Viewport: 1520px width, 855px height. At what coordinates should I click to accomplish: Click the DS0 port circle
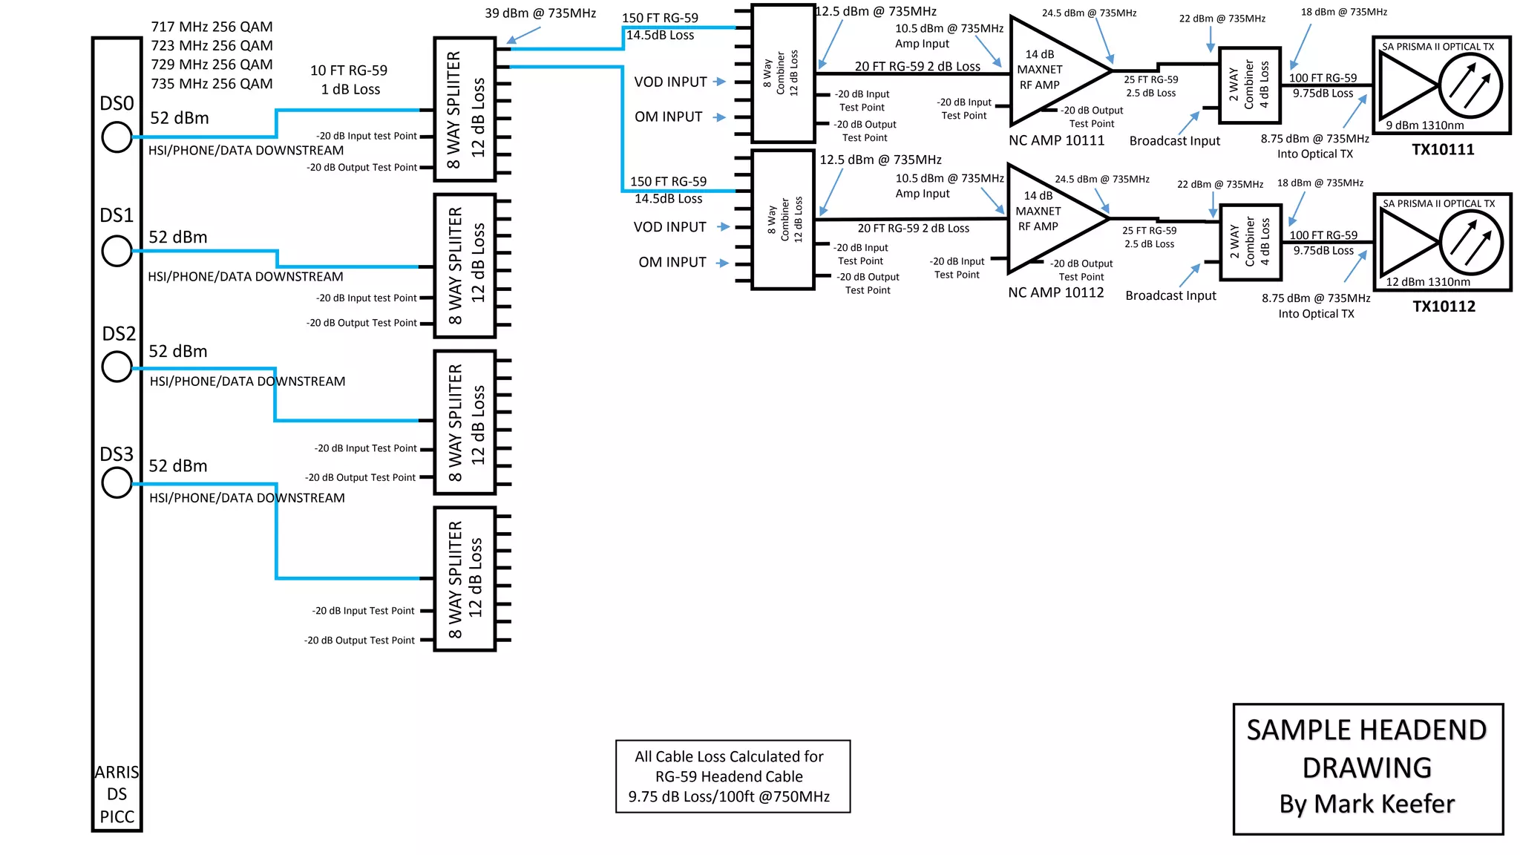click(x=117, y=137)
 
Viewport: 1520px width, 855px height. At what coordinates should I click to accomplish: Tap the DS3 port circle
click(x=117, y=483)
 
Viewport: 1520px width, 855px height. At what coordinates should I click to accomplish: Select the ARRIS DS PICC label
click(x=117, y=794)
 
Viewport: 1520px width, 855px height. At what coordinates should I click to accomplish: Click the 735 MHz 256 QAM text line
click(x=212, y=84)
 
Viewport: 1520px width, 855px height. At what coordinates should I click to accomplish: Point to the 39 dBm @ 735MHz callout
click(x=540, y=13)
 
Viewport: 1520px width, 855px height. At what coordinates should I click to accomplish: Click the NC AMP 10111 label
click(x=1056, y=141)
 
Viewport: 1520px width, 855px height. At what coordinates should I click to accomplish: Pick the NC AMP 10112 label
click(x=1055, y=293)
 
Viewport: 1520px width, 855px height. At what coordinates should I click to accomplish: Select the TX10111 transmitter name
click(x=1442, y=150)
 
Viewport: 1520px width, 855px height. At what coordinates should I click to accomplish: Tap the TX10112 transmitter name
click(x=1444, y=307)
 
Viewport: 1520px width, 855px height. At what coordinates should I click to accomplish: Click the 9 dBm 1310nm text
click(x=1424, y=125)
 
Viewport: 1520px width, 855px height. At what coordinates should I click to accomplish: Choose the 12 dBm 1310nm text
click(x=1427, y=282)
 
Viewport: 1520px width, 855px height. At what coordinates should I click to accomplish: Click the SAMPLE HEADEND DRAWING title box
click(x=1367, y=768)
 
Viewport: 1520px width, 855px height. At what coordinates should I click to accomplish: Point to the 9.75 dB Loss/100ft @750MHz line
click(x=729, y=797)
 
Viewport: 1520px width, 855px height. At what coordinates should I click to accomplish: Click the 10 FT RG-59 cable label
click(x=349, y=71)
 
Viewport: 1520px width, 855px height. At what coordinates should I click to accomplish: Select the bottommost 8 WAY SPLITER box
click(x=465, y=579)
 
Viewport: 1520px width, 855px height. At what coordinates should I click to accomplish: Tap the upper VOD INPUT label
click(x=670, y=82)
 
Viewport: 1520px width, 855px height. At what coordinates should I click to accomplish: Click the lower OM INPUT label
click(x=672, y=263)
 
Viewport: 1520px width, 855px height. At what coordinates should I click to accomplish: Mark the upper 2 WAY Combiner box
click(x=1250, y=85)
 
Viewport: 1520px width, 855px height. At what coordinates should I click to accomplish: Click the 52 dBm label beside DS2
click(x=178, y=352)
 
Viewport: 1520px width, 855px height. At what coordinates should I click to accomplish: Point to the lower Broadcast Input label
click(x=1170, y=296)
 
